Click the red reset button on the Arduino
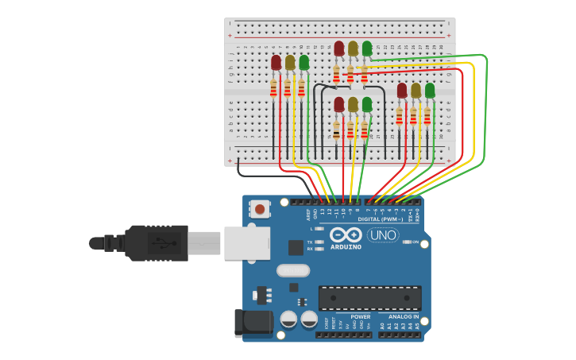point(259,210)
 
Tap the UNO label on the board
point(383,235)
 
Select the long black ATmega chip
point(369,298)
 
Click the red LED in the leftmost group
point(276,63)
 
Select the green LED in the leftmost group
point(303,62)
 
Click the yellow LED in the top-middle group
point(353,49)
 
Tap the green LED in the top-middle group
point(366,49)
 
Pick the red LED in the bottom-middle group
point(339,105)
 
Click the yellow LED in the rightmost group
point(416,91)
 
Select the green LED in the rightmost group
point(430,91)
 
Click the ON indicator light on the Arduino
point(406,242)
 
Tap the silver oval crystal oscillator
point(292,270)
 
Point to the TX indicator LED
point(319,242)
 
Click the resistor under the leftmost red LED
point(273,89)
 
